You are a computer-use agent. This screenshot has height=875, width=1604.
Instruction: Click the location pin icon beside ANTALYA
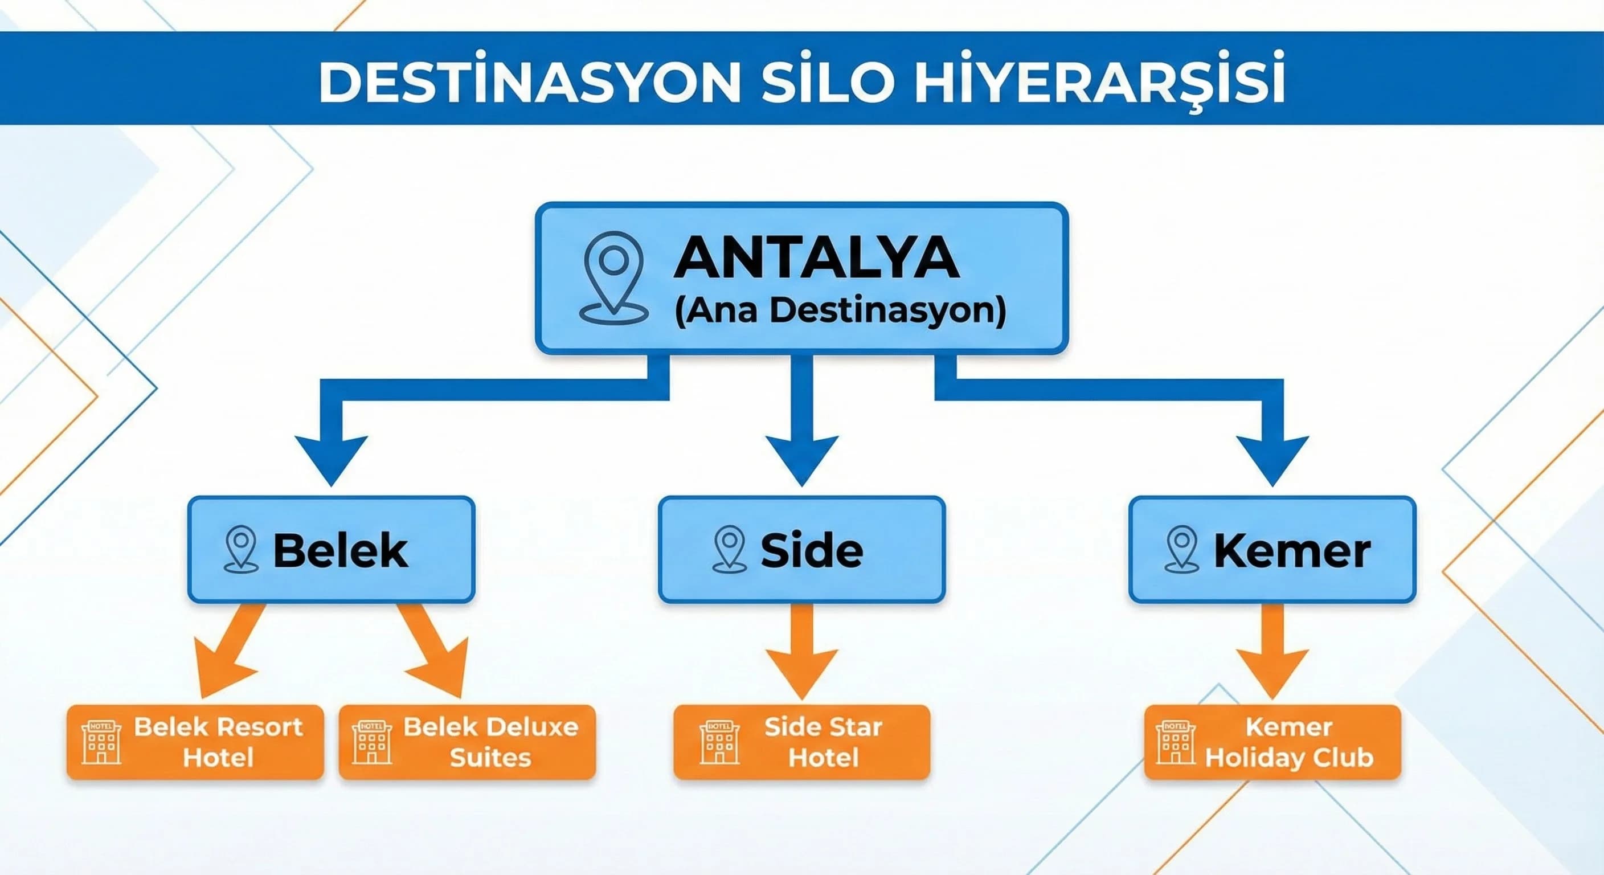(x=614, y=278)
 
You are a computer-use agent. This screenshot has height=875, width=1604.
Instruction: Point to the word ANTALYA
(x=816, y=257)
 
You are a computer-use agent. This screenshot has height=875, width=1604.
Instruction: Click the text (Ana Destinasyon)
(x=840, y=310)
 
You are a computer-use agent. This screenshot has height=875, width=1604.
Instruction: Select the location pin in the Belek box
(x=242, y=549)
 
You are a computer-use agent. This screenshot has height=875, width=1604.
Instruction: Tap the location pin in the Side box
(x=730, y=549)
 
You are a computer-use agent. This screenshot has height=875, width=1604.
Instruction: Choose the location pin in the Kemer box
(x=1182, y=549)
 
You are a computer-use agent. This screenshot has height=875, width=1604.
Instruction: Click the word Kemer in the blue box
(x=1292, y=550)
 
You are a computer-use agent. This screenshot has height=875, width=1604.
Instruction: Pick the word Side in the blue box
(x=812, y=550)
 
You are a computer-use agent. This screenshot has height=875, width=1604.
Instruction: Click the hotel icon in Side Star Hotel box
(x=720, y=742)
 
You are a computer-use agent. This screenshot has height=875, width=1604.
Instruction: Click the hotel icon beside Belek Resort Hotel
(x=101, y=742)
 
